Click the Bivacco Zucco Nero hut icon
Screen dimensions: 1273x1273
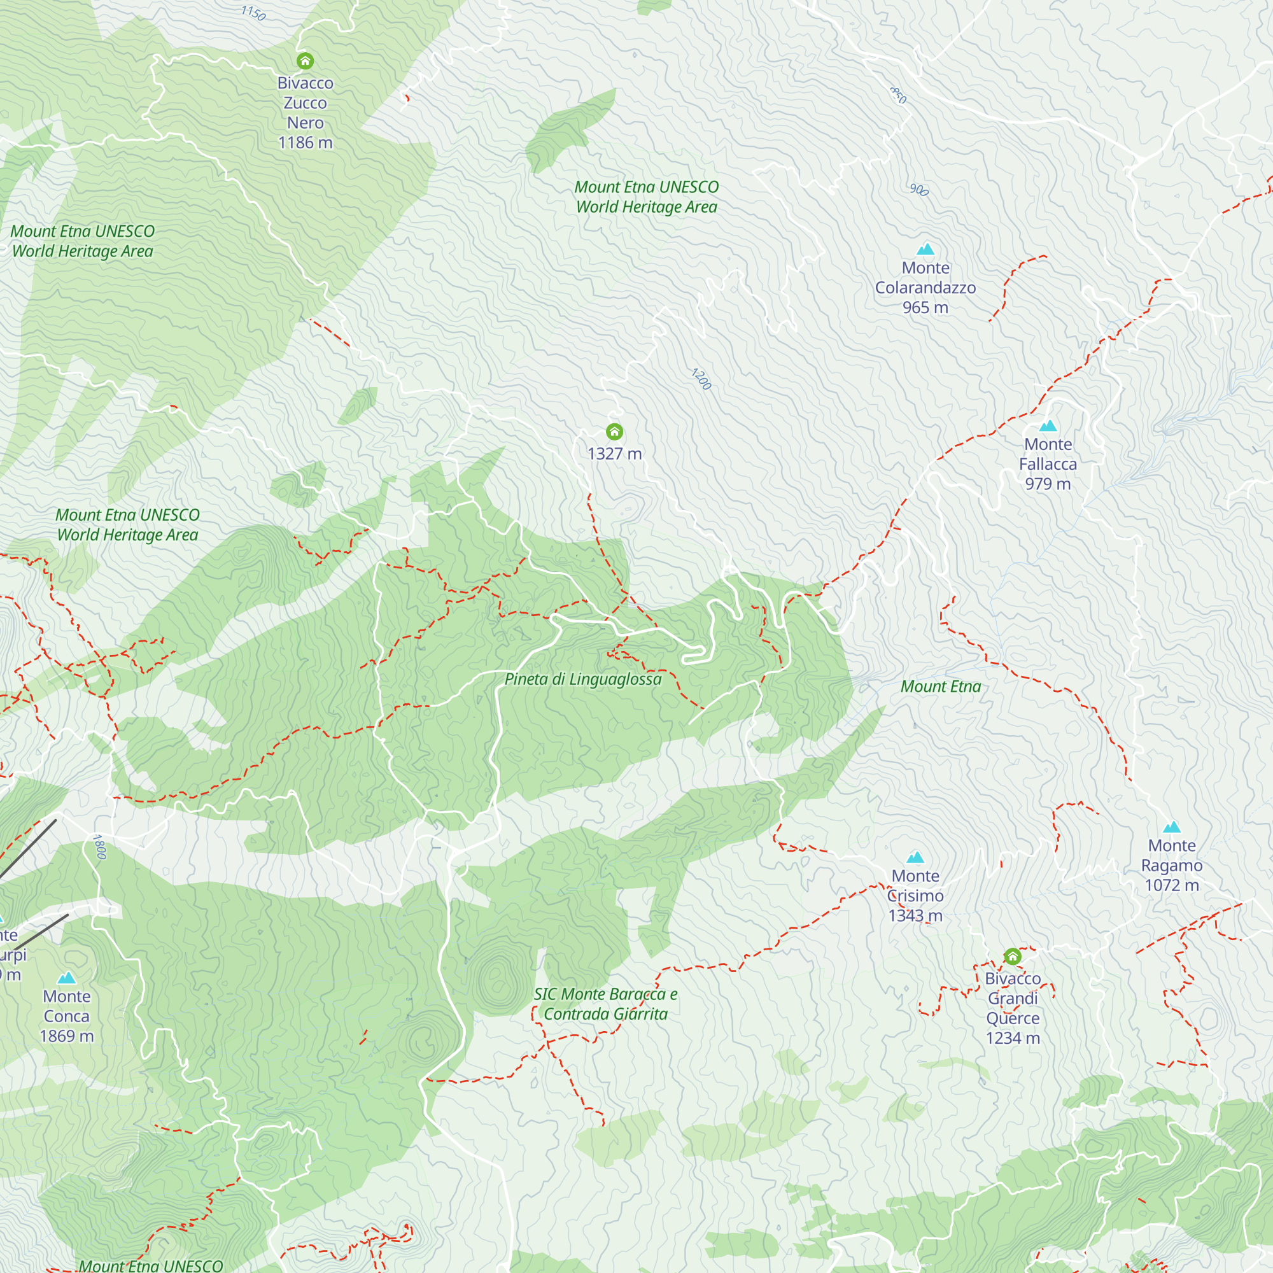coord(304,61)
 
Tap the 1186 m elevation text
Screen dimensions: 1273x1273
coord(305,143)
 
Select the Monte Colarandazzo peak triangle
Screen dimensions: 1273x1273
coord(925,249)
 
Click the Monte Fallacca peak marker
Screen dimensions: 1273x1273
coord(1048,426)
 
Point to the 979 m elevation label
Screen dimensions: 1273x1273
coord(1048,484)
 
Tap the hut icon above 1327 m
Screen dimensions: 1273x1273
coord(614,432)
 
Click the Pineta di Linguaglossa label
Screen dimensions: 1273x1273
coord(582,679)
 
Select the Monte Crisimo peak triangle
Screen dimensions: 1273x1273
coord(915,857)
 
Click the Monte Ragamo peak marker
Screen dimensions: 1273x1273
coord(1172,827)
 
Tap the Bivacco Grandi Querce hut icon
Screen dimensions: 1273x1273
coord(1013,957)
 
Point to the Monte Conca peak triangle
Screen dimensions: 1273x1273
coord(67,978)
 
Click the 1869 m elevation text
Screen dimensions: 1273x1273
coord(67,1036)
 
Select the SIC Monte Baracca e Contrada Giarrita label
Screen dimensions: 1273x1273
coord(605,1004)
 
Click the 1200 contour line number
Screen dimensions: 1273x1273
coord(701,379)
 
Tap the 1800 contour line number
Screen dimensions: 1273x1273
coord(99,847)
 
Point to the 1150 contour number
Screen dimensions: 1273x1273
coord(253,13)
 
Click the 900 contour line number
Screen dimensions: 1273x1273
coord(919,190)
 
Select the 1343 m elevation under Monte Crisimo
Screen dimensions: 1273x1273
coord(915,916)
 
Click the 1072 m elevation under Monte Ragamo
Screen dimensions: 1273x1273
coord(1172,885)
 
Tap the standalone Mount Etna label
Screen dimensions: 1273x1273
coord(940,687)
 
